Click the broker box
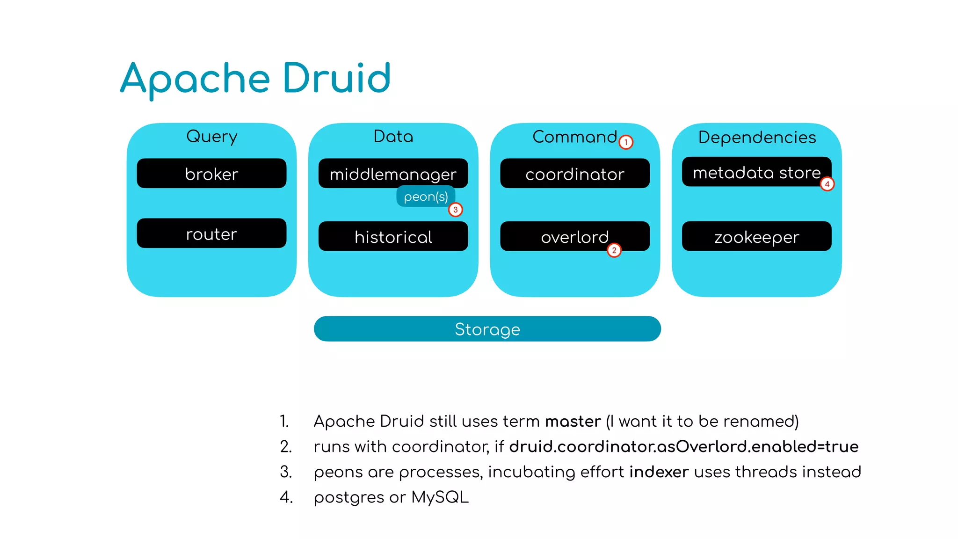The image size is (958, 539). click(211, 174)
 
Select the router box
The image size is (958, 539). click(211, 233)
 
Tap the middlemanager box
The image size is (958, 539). click(393, 174)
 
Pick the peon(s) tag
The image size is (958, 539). click(426, 197)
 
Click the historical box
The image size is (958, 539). click(393, 237)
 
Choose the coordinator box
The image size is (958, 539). click(575, 174)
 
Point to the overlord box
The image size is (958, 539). click(575, 237)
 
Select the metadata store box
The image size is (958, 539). click(756, 172)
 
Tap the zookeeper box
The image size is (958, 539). click(756, 237)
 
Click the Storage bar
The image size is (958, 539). click(487, 329)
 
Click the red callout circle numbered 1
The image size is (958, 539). click(626, 142)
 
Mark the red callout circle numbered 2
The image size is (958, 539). click(614, 250)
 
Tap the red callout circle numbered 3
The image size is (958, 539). click(456, 210)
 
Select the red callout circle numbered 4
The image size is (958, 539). click(827, 184)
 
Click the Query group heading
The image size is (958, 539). click(211, 136)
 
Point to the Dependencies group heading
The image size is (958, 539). click(757, 137)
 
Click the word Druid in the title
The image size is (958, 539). click(336, 78)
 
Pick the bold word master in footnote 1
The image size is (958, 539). click(573, 421)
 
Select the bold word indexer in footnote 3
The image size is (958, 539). click(659, 472)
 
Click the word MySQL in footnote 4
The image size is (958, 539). click(440, 497)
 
